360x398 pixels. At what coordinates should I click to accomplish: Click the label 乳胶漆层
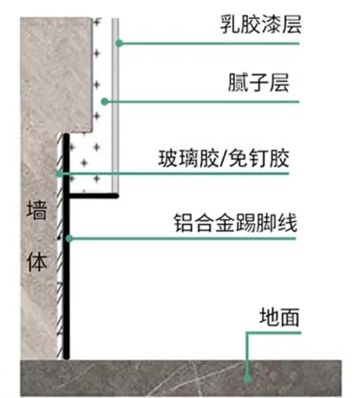(x=261, y=24)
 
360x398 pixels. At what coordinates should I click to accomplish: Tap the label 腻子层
(x=259, y=82)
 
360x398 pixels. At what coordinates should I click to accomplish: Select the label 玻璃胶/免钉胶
(x=223, y=158)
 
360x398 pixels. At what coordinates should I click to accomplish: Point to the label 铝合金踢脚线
(x=235, y=223)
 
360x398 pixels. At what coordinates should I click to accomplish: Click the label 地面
(x=280, y=316)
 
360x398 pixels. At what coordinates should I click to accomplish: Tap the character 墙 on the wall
(x=37, y=210)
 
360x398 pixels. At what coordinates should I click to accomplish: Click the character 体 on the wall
(x=37, y=262)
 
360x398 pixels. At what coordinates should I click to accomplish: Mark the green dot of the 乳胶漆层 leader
(x=120, y=43)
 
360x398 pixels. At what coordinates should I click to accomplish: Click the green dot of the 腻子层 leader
(x=105, y=102)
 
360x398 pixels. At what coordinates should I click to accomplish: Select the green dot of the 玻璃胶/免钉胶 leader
(x=59, y=174)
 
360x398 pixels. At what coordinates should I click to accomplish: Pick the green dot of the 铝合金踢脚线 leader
(x=69, y=239)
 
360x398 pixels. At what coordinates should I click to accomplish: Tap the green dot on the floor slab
(x=247, y=378)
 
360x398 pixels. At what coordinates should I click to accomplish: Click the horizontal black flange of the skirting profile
(x=93, y=195)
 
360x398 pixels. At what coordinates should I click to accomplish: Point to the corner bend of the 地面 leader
(x=247, y=333)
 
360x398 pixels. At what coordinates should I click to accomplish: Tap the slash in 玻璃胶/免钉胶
(x=223, y=159)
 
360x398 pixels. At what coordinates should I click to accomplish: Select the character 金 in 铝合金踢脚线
(x=225, y=223)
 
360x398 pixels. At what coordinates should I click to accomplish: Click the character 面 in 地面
(x=289, y=317)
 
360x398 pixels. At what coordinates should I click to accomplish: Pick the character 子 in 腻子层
(x=259, y=83)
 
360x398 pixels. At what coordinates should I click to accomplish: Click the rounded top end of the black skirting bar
(x=66, y=135)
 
